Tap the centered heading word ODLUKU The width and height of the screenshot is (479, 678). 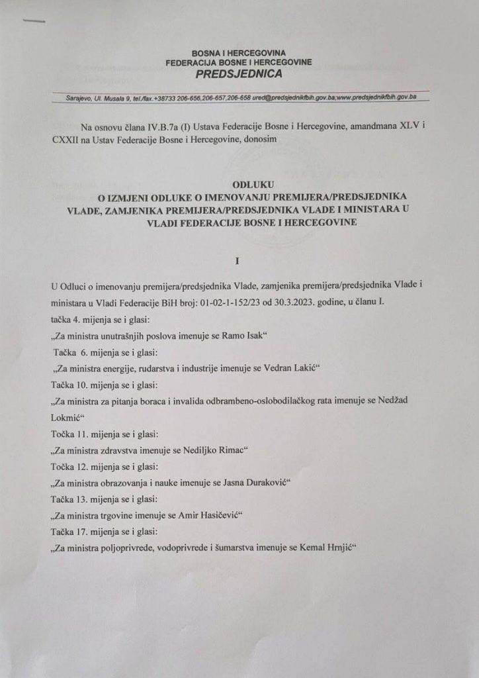(x=239, y=186)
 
